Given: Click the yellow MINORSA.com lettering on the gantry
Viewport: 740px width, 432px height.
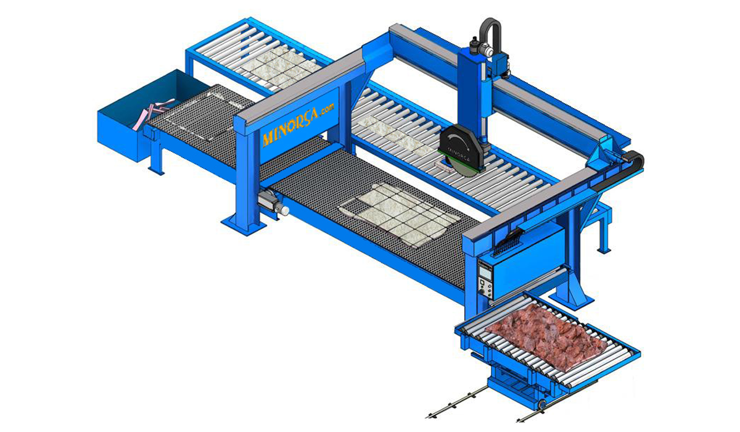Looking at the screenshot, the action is coord(298,125).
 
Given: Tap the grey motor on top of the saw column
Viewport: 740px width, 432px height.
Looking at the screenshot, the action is coord(482,49).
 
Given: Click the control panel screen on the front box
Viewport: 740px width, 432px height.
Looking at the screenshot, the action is coord(485,272).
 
